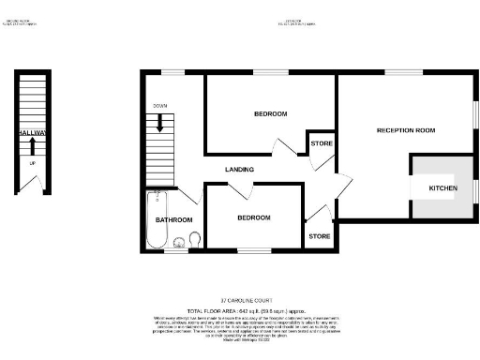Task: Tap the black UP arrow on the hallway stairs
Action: point(31,142)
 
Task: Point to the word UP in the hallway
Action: point(32,163)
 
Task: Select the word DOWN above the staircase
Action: point(159,106)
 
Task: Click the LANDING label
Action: point(241,169)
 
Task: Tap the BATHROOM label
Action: point(173,219)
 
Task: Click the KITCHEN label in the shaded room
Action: point(442,188)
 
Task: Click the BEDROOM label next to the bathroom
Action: point(253,217)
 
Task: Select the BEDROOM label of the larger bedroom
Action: point(270,113)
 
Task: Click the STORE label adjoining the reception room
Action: point(320,143)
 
